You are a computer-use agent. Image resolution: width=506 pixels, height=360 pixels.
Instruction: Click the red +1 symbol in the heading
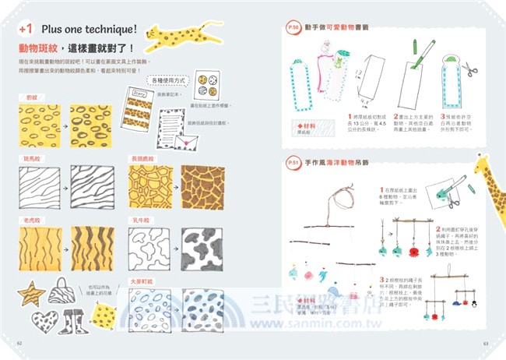(x=26, y=28)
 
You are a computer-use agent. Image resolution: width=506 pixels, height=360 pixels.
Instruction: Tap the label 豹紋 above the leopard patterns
(x=32, y=98)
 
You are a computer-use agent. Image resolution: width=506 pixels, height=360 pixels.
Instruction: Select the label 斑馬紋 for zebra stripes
(x=33, y=157)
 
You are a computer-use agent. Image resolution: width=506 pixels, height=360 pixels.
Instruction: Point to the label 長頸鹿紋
(x=142, y=157)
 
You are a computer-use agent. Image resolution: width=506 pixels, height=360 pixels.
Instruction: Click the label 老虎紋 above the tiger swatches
(x=33, y=220)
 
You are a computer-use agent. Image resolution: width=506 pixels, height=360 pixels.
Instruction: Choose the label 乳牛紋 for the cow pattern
(x=140, y=220)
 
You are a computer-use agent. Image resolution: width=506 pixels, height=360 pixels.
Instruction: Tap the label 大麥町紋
(x=142, y=281)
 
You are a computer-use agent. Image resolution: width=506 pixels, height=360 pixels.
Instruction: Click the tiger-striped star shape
(x=31, y=295)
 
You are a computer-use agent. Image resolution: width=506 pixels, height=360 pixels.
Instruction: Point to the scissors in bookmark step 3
(x=469, y=69)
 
